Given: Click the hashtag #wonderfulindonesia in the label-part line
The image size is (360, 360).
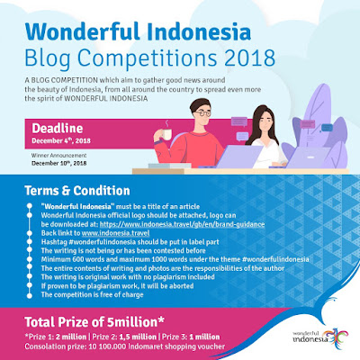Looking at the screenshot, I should tap(99, 238).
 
